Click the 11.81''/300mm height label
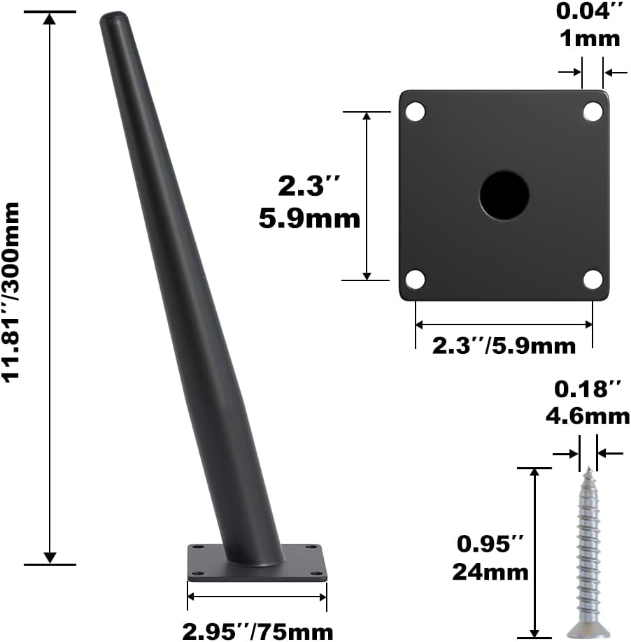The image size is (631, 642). [x=11, y=292]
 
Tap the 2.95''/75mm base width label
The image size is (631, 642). [x=257, y=632]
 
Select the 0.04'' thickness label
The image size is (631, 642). [x=590, y=11]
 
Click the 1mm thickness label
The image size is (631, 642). [x=590, y=39]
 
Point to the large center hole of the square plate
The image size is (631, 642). [x=504, y=195]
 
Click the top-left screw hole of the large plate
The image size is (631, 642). [x=416, y=111]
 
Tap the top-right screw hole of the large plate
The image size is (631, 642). [x=593, y=111]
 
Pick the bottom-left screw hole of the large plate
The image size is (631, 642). [x=416, y=280]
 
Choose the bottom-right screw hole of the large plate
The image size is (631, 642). [x=593, y=280]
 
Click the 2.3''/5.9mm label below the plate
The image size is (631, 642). [x=504, y=346]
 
